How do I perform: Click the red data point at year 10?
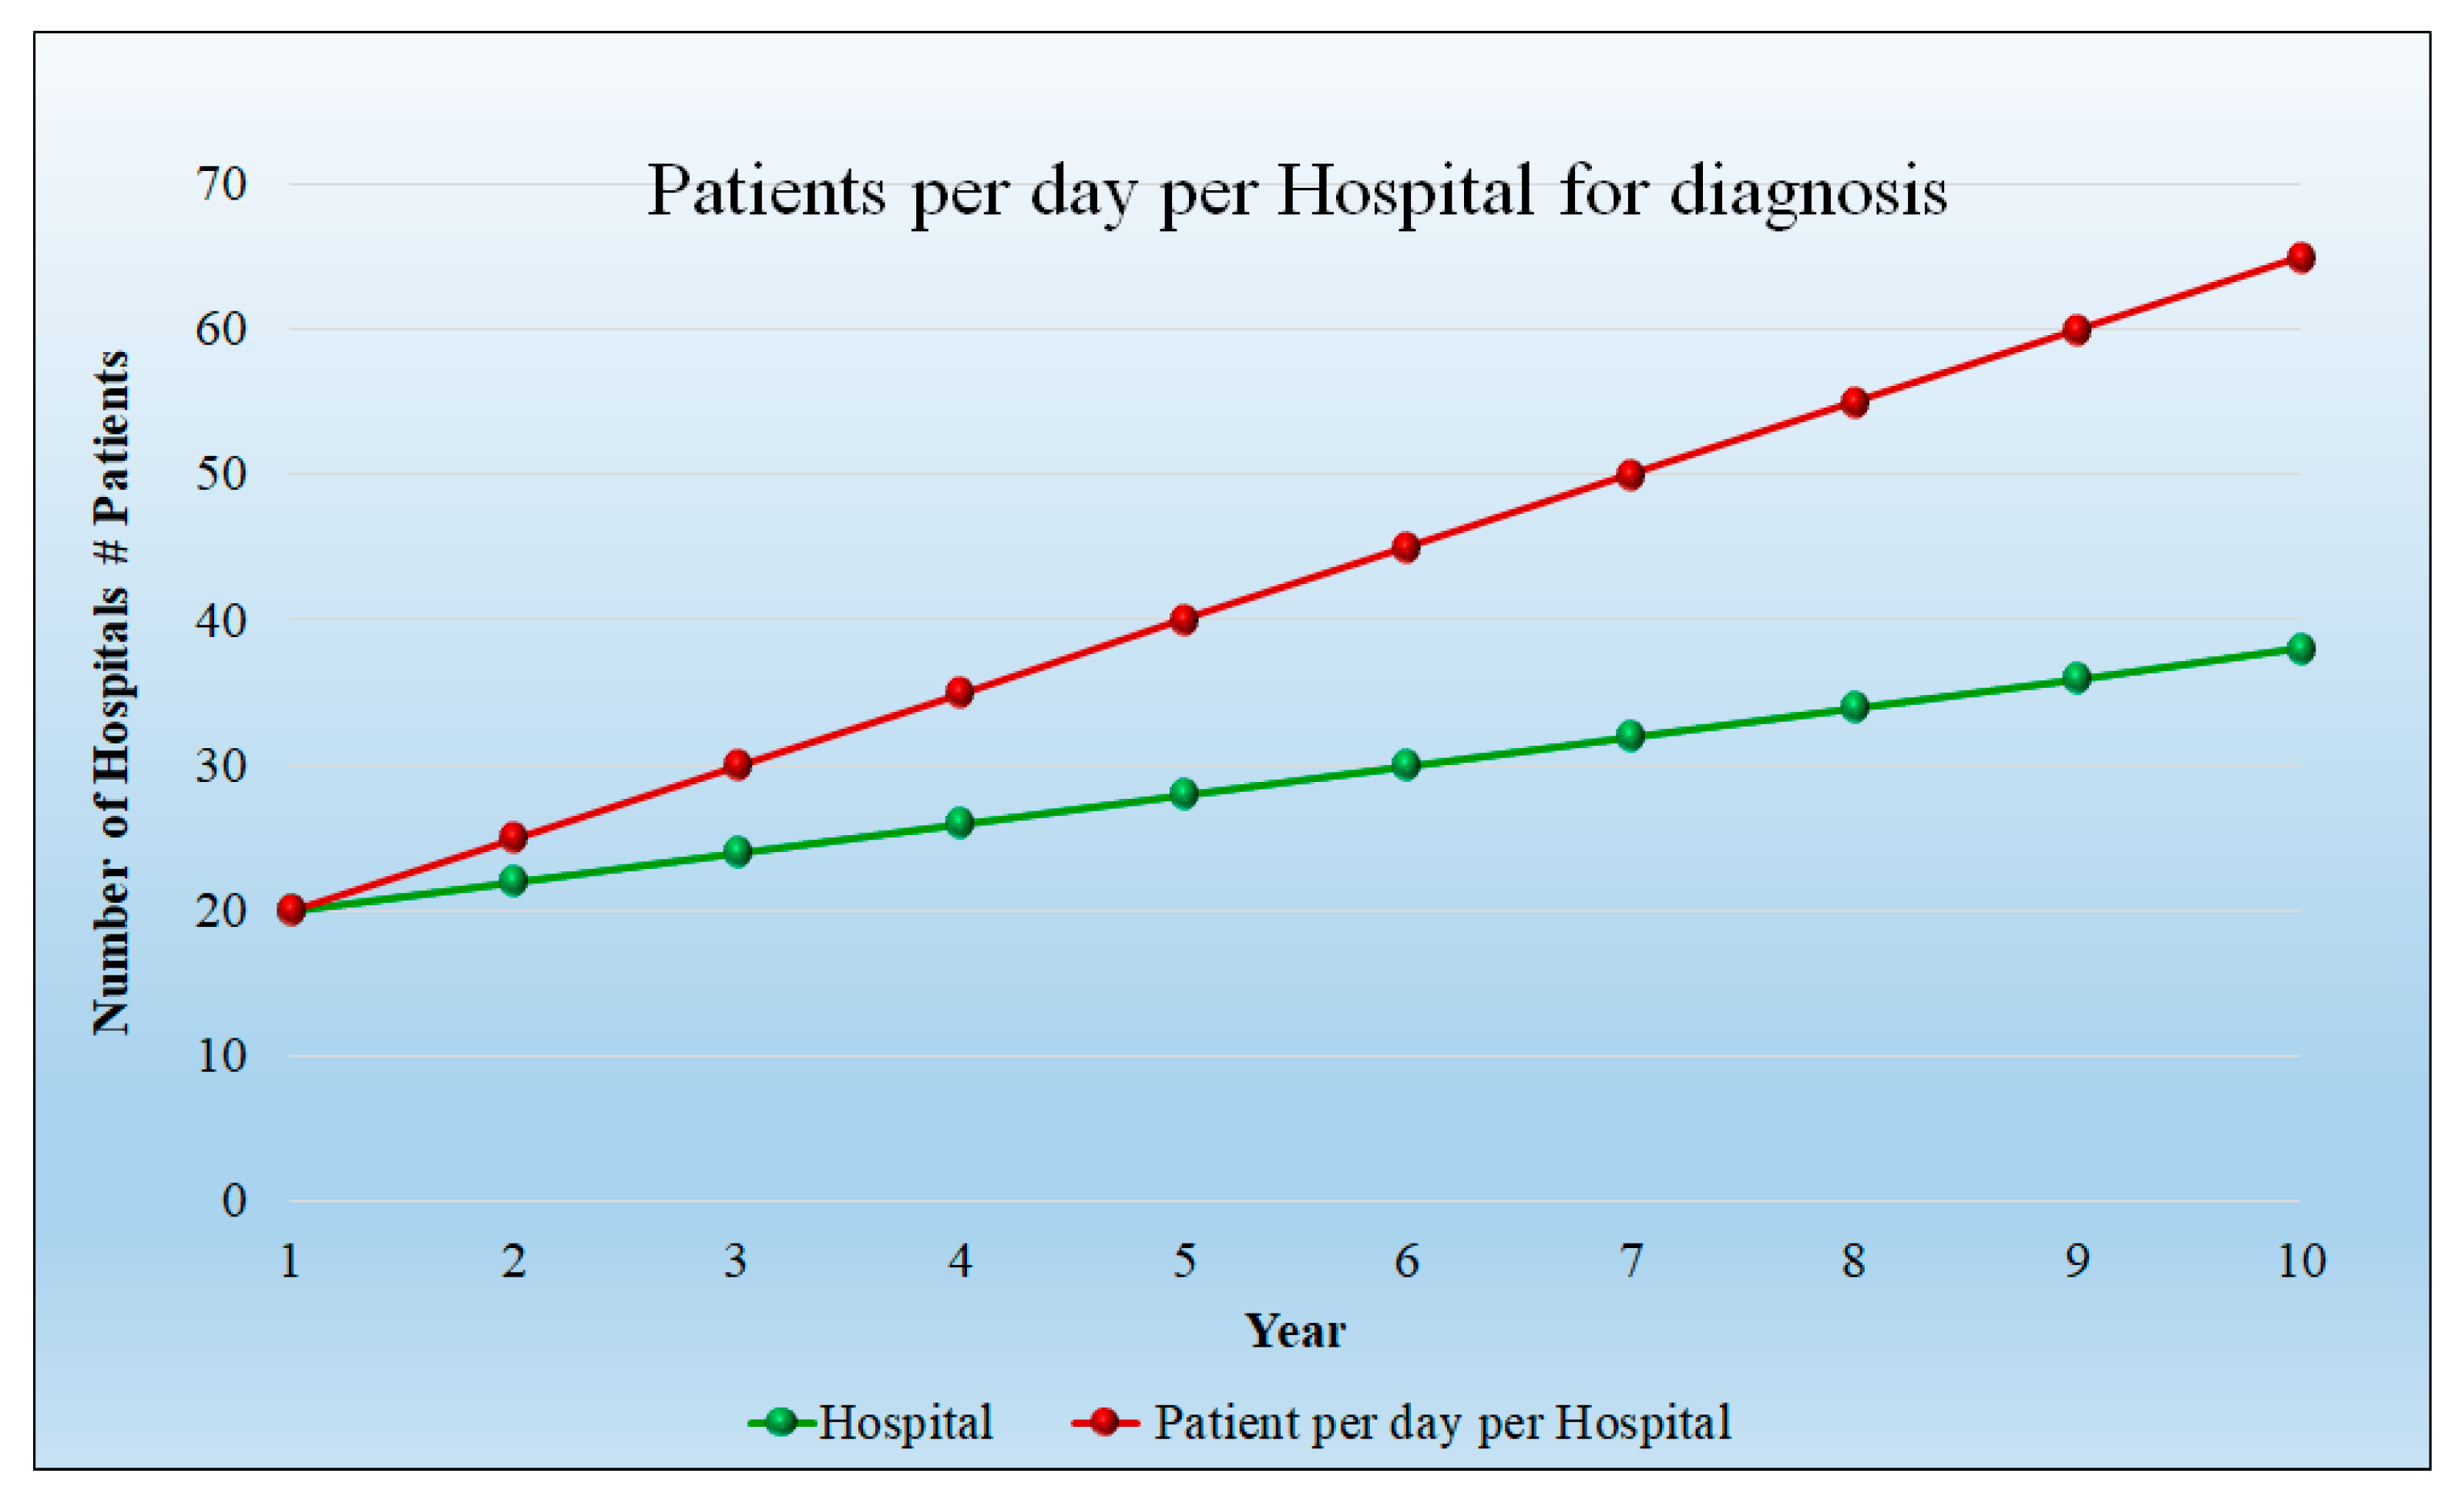point(2300,257)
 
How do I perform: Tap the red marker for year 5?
point(1184,619)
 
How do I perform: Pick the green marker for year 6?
point(1405,765)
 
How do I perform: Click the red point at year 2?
point(512,837)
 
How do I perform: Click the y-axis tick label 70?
point(220,184)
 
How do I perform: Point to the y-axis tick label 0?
point(233,1201)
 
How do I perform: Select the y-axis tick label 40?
point(220,620)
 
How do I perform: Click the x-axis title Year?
point(1294,1331)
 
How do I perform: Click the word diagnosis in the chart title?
point(1808,192)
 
